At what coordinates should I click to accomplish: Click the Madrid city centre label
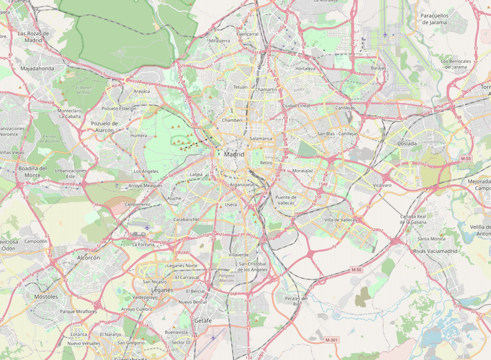click(x=234, y=154)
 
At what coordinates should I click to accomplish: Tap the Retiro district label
click(x=266, y=163)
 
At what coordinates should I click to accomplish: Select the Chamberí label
click(x=232, y=120)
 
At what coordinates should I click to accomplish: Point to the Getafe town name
click(x=203, y=321)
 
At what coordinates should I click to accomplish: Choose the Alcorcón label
click(x=88, y=257)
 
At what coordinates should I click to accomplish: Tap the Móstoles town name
click(x=46, y=297)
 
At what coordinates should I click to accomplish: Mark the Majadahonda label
click(x=37, y=68)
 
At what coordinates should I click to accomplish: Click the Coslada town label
click(x=407, y=143)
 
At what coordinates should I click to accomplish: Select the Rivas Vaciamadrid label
click(x=435, y=251)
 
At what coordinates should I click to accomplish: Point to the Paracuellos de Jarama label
click(x=434, y=19)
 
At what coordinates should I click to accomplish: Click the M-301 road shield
click(x=332, y=339)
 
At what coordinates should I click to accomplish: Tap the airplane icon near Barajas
click(x=385, y=35)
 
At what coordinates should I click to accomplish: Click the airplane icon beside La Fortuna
click(x=147, y=227)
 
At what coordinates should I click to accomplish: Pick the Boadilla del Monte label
click(x=32, y=171)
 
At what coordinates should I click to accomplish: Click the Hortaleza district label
click(x=305, y=69)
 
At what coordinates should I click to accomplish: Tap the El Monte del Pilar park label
click(x=83, y=90)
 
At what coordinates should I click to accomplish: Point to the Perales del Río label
click(x=297, y=301)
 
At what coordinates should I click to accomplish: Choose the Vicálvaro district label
click(x=382, y=186)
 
